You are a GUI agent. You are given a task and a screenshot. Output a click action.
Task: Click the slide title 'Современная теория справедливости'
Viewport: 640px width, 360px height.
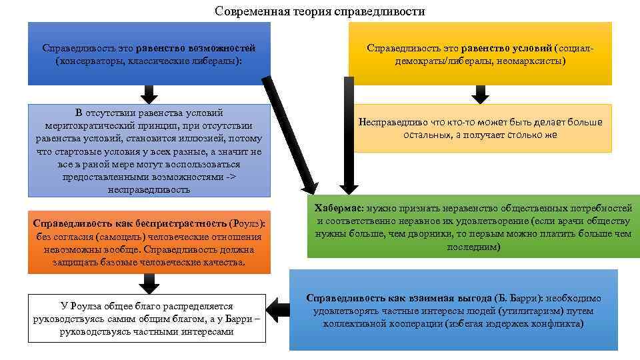(320, 11)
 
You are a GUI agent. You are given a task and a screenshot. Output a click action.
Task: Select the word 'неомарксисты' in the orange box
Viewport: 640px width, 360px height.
(531, 61)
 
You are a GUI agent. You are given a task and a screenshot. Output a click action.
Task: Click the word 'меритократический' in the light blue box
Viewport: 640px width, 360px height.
(83, 125)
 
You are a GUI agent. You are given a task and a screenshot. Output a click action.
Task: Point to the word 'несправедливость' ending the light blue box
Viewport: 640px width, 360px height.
(149, 189)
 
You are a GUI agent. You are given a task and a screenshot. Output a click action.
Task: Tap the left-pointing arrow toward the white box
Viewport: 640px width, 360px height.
(280, 309)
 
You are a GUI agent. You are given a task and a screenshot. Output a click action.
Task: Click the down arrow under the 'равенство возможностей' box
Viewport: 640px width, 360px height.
(149, 94)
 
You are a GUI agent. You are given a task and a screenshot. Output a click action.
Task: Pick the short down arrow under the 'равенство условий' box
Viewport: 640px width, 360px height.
(479, 94)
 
